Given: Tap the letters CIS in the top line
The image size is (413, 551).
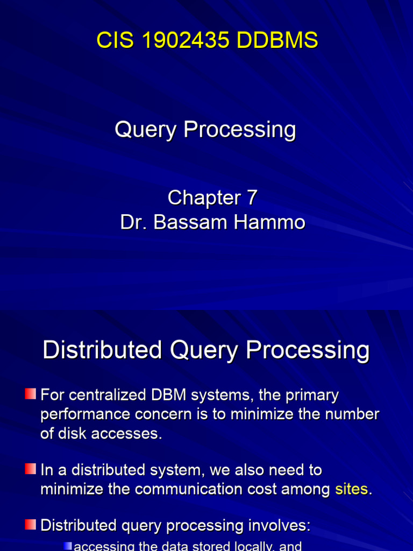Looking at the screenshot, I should point(111,40).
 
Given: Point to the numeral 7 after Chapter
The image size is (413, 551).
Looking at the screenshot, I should point(252,198).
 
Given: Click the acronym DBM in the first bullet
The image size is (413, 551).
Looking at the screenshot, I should point(173,395).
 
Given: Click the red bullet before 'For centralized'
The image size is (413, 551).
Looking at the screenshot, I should point(31,395).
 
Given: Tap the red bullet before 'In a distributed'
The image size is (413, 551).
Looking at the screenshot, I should point(31,470).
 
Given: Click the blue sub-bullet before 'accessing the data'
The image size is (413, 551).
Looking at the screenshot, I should point(67,546).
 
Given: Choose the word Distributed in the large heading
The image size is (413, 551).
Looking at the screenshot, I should point(102,350).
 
